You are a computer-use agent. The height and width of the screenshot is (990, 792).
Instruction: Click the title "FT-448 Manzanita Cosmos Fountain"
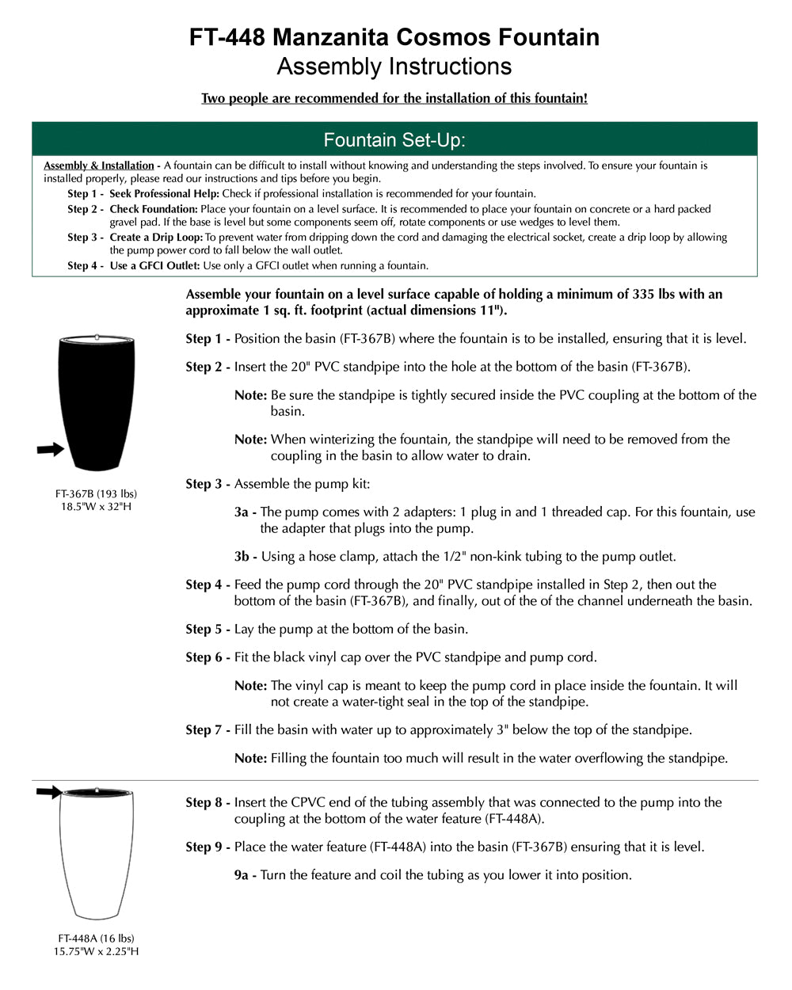394,37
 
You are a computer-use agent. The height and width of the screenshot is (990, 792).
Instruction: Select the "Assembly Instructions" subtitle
394,67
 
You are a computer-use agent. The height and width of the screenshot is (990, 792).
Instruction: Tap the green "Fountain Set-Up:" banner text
394,140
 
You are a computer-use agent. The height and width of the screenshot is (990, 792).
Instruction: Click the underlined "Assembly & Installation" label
99,166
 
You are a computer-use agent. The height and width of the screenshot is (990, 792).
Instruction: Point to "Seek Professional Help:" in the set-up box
165,194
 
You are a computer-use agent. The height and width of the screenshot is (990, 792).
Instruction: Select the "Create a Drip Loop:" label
156,238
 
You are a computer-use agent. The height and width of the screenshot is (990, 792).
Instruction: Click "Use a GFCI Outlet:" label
154,266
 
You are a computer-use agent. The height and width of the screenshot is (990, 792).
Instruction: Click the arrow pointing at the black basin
50,450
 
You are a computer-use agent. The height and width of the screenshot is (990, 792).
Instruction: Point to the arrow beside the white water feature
49,791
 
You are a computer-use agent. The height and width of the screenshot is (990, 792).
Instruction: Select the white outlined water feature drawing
97,855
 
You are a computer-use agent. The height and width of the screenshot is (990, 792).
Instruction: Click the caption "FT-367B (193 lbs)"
96,494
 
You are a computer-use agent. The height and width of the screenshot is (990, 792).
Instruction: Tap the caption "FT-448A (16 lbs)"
96,939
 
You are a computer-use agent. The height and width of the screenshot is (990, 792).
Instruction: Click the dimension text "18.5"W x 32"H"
96,507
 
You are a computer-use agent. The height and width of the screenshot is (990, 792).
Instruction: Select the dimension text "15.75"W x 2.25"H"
96,951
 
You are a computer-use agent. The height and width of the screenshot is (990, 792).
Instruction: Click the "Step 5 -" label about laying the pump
208,630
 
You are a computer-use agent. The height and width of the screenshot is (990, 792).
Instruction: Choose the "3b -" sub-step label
246,557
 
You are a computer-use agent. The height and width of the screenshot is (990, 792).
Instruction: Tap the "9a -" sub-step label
246,875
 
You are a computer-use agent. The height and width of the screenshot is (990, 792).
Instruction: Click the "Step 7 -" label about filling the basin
208,730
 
